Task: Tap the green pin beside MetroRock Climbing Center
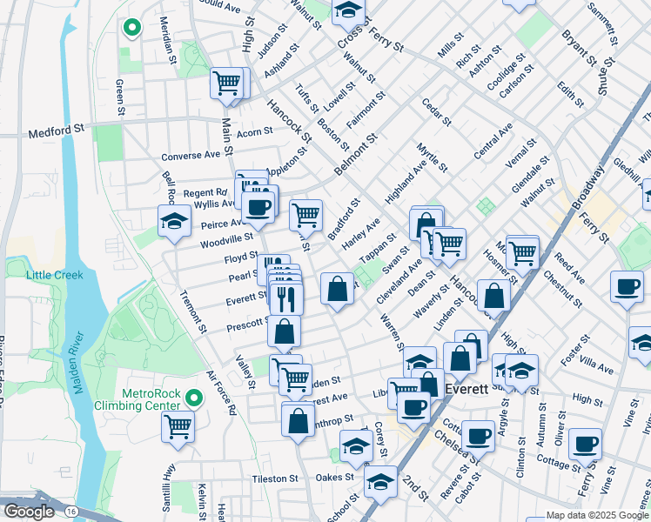point(194,398)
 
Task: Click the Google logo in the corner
point(28,512)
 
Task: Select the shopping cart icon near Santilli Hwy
point(178,426)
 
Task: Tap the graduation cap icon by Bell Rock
point(174,221)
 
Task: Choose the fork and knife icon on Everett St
point(285,298)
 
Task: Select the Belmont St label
point(358,151)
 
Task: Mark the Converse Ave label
point(191,156)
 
